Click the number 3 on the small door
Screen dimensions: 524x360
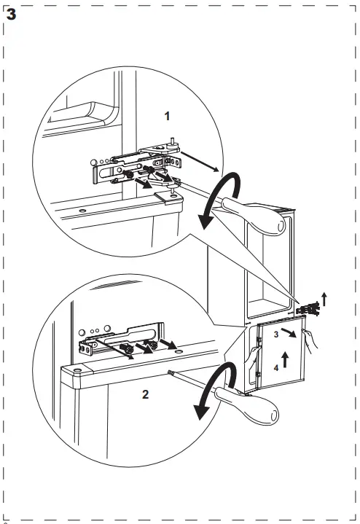[x=276, y=334]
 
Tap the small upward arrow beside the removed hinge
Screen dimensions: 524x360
[x=325, y=297]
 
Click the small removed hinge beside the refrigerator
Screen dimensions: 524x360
[x=313, y=309]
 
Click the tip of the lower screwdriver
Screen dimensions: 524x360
[x=169, y=371]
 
